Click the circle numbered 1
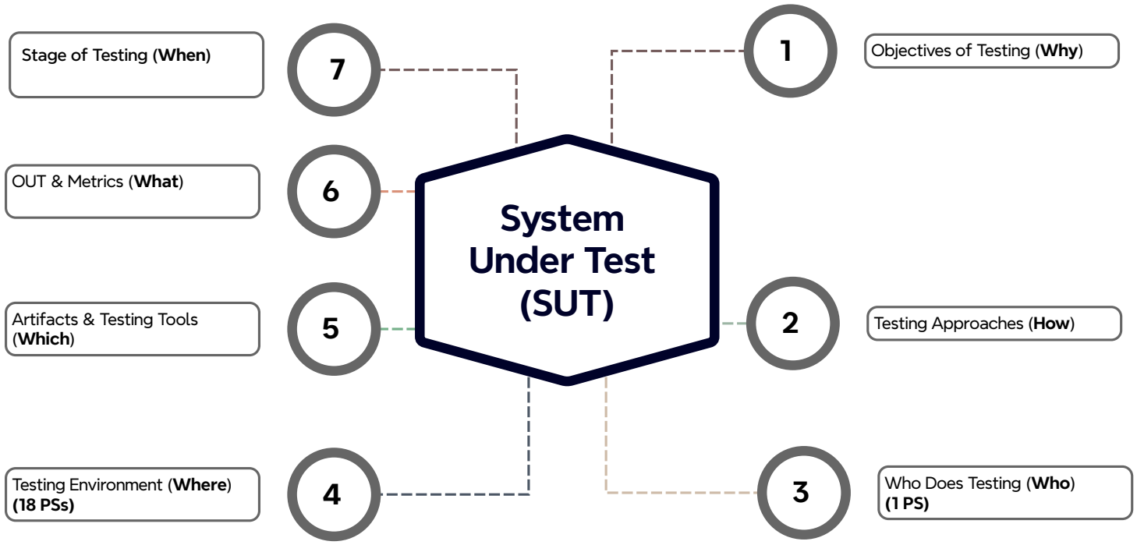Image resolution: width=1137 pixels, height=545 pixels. pos(787,51)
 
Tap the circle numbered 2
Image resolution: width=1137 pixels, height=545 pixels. pos(791,323)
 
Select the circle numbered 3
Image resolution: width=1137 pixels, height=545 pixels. pos(800,493)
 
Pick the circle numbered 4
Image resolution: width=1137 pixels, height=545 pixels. pos(331,494)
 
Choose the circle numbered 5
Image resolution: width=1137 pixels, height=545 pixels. pos(331,328)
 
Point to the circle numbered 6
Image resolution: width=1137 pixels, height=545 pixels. pos(331,191)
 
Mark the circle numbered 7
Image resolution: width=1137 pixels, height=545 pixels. pos(336,70)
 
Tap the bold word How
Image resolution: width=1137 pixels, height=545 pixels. pos(1054,323)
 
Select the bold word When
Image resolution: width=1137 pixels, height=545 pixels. pos(184,56)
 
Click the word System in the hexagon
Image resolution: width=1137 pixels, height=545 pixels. pos(562,219)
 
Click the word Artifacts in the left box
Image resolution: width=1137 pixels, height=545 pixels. pos(39,320)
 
